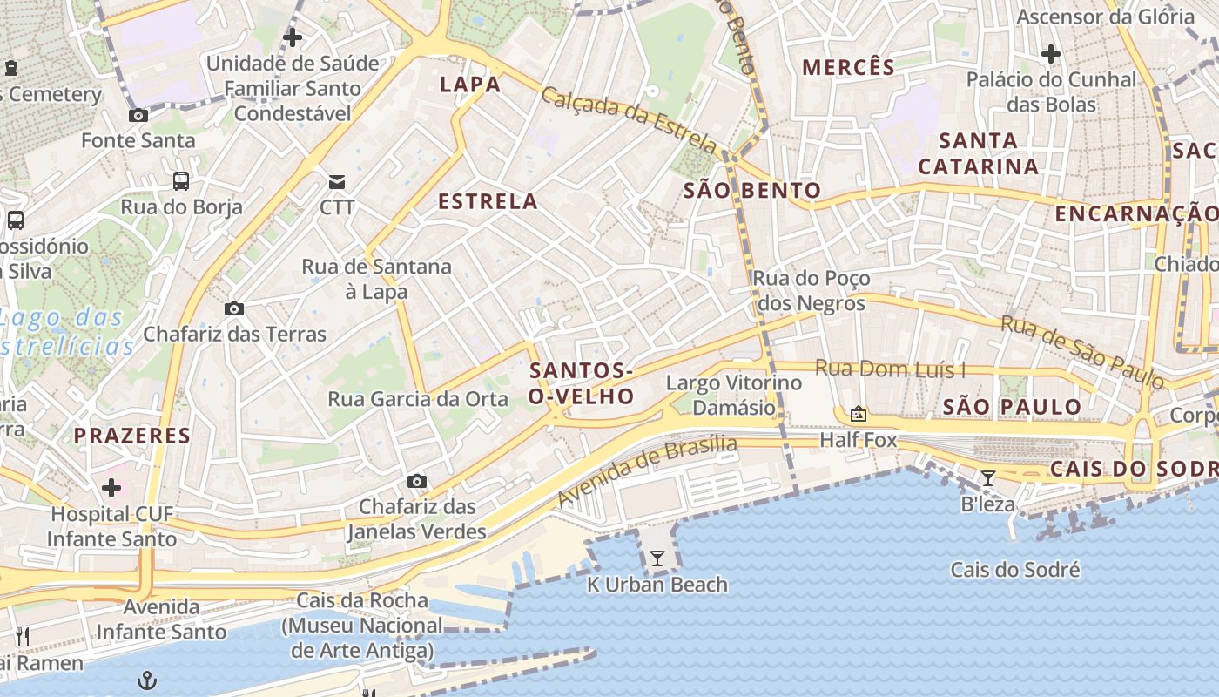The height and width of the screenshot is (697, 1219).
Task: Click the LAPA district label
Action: [x=470, y=85]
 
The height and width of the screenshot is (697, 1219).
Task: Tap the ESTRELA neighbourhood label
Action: [x=488, y=202]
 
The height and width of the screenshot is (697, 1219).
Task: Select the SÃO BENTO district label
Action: [x=751, y=191]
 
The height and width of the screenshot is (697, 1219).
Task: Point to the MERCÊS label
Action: [x=848, y=68]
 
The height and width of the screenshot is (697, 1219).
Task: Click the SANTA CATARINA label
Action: [x=979, y=153]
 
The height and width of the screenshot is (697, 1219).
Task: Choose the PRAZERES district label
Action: [x=131, y=436]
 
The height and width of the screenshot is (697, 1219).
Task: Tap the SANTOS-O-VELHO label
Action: [x=582, y=384]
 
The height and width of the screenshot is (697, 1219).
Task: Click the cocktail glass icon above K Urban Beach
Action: [x=657, y=558]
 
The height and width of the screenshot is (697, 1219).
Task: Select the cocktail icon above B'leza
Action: [x=988, y=478]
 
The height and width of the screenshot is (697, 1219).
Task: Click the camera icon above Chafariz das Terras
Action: [x=233, y=308]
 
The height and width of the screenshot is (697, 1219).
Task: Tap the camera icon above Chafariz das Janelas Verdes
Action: [x=417, y=481]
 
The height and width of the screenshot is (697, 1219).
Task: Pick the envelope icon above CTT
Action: [x=336, y=181]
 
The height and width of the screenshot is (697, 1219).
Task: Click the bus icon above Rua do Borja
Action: [x=181, y=181]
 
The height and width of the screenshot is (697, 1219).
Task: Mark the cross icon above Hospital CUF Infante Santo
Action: [x=111, y=488]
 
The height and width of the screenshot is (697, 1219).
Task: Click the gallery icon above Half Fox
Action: [x=859, y=414]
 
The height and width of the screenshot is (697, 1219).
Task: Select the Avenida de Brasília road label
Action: [x=647, y=470]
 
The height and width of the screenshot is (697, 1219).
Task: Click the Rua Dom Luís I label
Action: [x=890, y=369]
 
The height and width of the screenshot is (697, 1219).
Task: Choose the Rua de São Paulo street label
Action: [x=1081, y=351]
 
